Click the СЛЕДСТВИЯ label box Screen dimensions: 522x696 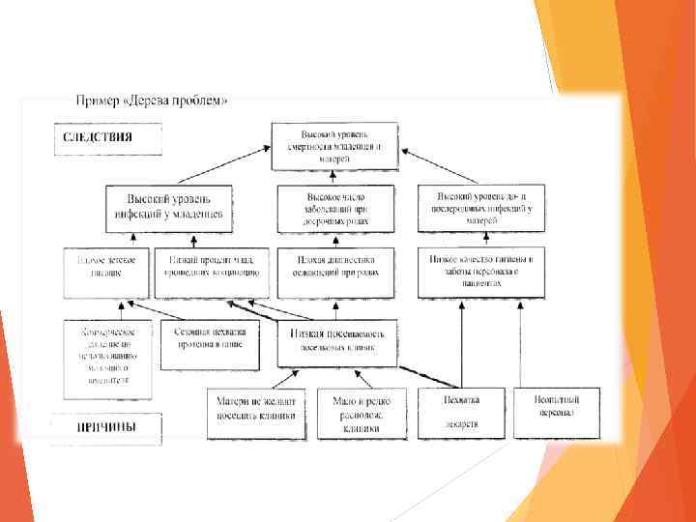[98, 136]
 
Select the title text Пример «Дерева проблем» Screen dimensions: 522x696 [152, 101]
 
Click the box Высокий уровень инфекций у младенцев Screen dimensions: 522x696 [169, 209]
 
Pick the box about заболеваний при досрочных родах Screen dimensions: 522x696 [335, 209]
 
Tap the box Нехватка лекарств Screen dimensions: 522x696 [461, 414]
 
